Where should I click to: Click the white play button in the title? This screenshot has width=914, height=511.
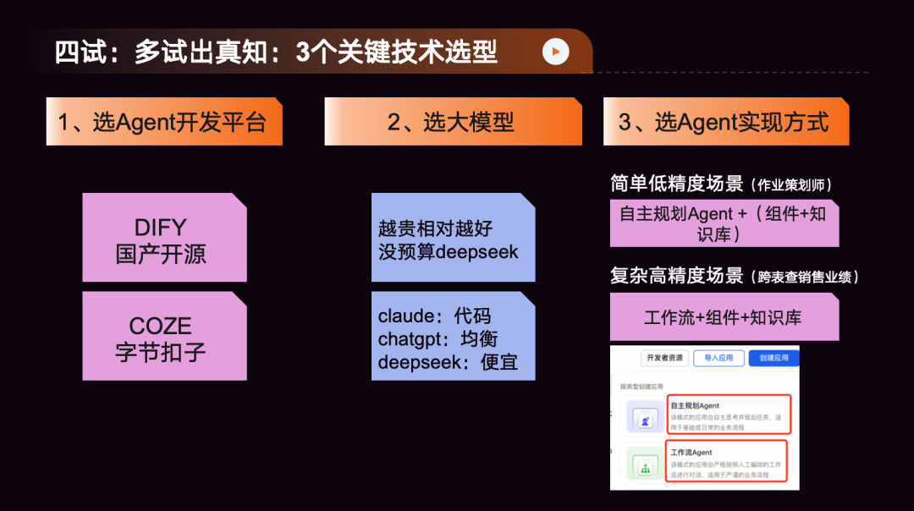pos(555,52)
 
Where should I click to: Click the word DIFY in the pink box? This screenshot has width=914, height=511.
pos(161,228)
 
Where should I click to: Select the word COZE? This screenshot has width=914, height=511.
pos(161,327)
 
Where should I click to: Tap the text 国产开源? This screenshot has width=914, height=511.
pos(161,254)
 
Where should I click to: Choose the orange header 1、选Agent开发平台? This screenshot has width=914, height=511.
pos(162,122)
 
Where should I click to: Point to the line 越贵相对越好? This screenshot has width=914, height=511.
pos(436,228)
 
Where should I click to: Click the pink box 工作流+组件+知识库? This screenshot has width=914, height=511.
pos(723,318)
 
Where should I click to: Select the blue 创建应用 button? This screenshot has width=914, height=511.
pos(774,358)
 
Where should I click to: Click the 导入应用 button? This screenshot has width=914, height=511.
pos(719,358)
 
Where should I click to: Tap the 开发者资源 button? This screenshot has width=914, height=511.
pos(664,358)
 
